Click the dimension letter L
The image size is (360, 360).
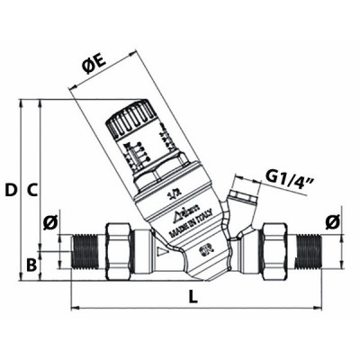coord(194,296)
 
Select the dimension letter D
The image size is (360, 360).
coord(10,190)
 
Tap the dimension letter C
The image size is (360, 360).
coord(31,190)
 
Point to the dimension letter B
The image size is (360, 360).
coord(31,265)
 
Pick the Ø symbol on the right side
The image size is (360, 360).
coord(332,221)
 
